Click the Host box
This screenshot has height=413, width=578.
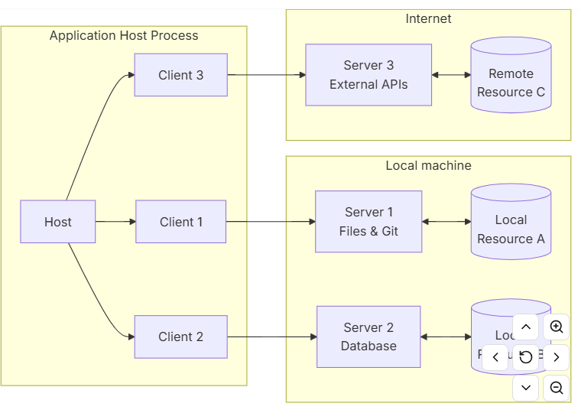coord(57,222)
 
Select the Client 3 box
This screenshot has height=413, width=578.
coord(180,75)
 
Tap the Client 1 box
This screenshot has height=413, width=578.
coord(180,222)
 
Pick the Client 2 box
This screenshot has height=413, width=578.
coord(180,337)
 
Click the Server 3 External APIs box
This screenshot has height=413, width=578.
coord(369,75)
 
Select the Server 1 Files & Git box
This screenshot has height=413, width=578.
coord(369,222)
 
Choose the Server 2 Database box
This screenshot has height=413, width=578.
coord(369,337)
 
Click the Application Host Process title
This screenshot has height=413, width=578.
coord(124,36)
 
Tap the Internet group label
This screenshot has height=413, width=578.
coord(428,18)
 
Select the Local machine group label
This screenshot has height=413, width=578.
coord(428,165)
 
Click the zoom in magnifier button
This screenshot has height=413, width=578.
coord(557,327)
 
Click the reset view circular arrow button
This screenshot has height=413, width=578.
coord(526,357)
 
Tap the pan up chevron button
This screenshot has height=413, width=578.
coord(526,327)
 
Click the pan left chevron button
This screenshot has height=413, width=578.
coord(495,357)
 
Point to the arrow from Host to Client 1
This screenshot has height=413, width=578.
coord(115,222)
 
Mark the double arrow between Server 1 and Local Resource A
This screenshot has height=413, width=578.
coord(446,222)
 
